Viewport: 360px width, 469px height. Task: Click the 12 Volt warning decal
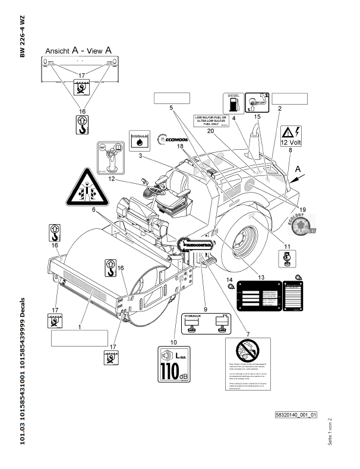(x=291, y=136)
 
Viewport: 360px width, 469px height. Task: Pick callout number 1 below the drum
(x=80, y=326)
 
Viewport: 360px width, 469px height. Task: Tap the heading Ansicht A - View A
(x=78, y=51)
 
